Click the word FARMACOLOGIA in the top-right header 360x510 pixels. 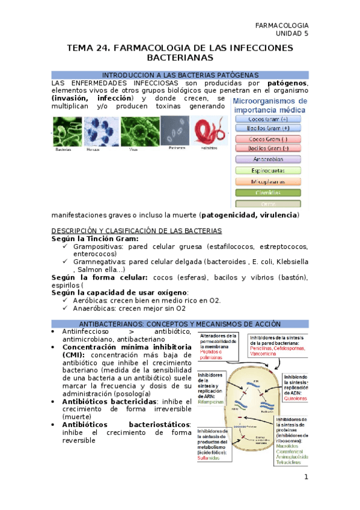pos(282,25)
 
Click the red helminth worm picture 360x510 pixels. pos(210,131)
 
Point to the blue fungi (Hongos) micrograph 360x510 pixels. pos(101,131)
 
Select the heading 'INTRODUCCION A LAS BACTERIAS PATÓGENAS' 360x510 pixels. pos(180,75)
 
